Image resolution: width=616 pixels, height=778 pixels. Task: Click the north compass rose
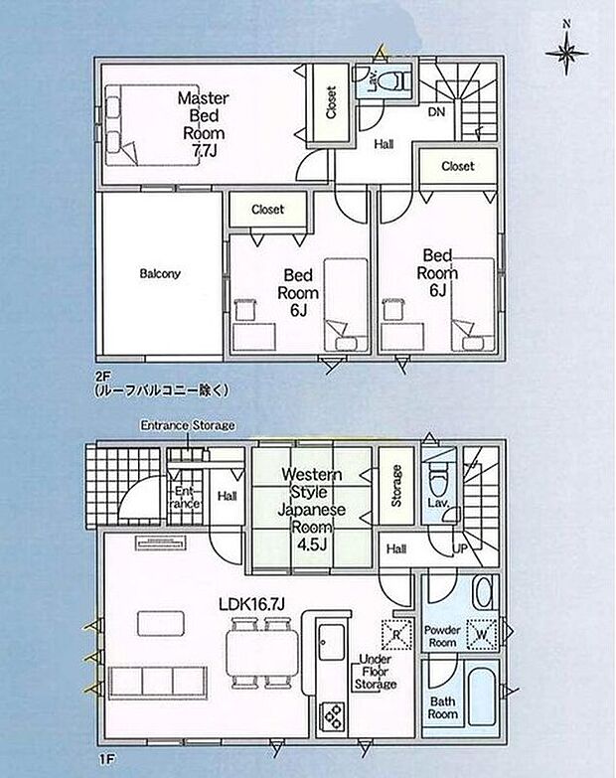[566, 51]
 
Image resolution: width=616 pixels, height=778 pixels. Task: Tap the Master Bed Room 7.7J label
[204, 124]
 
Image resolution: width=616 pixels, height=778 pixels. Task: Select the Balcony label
[160, 273]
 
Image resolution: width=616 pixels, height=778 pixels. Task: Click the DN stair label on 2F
[436, 112]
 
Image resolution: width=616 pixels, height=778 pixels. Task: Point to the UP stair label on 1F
[460, 548]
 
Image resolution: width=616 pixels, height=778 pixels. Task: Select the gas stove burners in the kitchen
[332, 714]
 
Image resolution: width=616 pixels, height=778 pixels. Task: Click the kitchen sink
[331, 643]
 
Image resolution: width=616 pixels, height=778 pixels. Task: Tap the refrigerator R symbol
[396, 635]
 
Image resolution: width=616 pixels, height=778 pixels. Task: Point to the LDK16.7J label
[252, 604]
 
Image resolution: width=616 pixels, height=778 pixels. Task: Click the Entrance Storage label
[188, 425]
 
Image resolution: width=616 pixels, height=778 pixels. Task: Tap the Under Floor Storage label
[376, 672]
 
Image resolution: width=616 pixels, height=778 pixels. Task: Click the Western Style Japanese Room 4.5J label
[312, 510]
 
